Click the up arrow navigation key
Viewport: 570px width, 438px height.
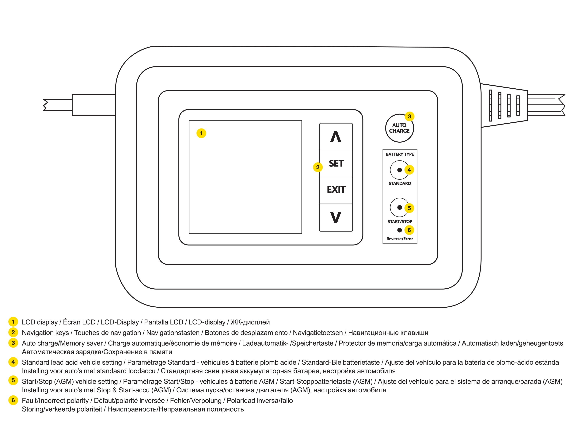[336, 137]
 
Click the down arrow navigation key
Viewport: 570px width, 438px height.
[336, 217]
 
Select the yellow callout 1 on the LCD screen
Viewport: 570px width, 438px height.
[201, 133]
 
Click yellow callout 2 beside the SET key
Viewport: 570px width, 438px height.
[317, 167]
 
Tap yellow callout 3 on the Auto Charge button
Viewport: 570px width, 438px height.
[409, 116]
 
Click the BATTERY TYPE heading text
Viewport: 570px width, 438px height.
[400, 154]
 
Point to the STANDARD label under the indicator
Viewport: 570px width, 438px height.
[400, 183]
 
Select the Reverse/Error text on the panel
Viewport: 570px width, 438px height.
[400, 239]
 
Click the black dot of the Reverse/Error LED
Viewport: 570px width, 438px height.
[399, 230]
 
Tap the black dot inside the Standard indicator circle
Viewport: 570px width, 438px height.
[399, 170]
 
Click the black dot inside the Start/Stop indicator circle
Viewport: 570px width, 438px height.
[399, 208]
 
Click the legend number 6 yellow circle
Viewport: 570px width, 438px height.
[13, 400]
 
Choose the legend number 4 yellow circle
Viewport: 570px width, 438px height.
[13, 362]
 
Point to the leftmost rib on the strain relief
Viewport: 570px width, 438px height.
[490, 105]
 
